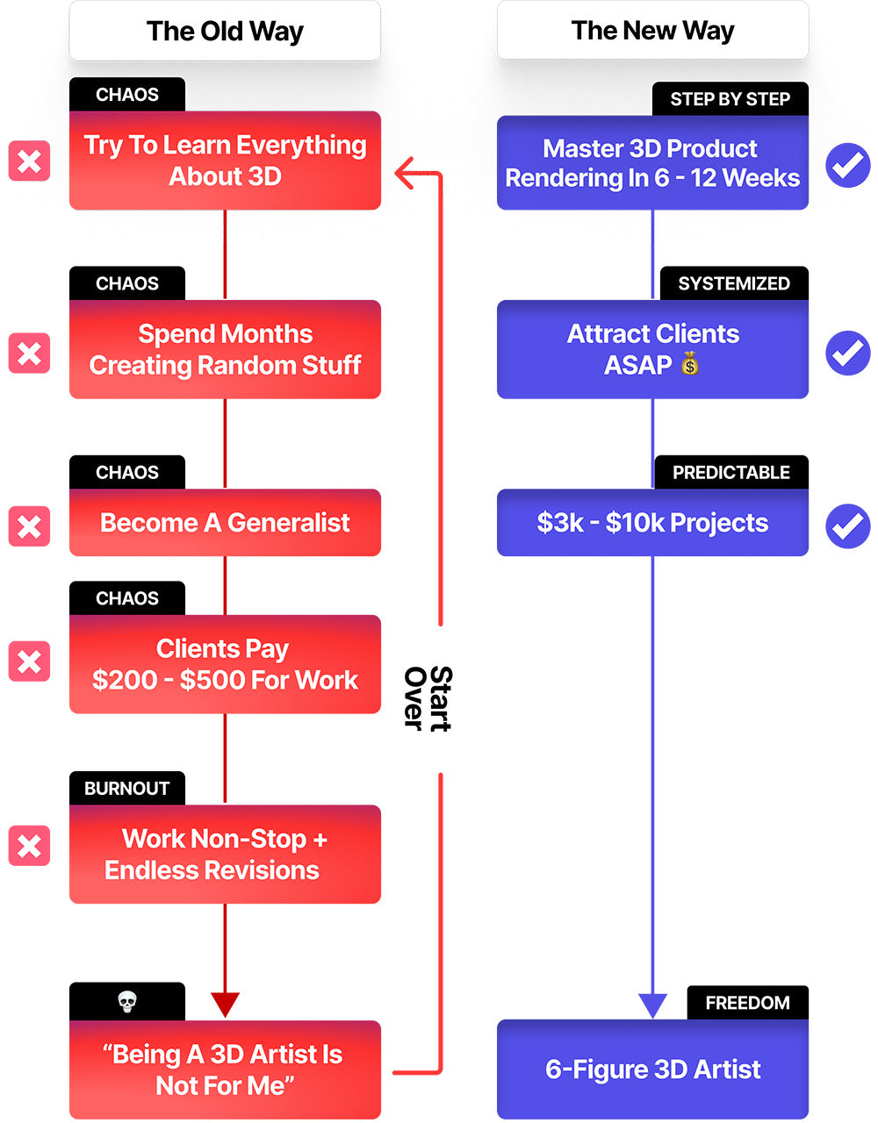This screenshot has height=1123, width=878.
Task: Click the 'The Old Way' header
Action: (x=225, y=31)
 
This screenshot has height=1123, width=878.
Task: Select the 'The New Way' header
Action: (x=652, y=30)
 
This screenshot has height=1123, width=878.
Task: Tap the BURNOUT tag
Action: (x=127, y=788)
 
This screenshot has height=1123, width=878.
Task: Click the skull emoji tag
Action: (x=127, y=1002)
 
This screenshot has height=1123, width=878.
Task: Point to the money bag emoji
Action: (x=689, y=363)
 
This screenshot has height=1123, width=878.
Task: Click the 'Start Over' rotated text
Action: (x=428, y=698)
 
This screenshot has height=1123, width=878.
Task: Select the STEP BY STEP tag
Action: (x=730, y=99)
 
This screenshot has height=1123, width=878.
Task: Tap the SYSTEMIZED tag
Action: (x=734, y=283)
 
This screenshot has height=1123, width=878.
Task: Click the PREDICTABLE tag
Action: (x=731, y=472)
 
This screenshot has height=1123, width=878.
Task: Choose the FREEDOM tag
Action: (x=748, y=1003)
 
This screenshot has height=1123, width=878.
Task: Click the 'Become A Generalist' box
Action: (x=225, y=523)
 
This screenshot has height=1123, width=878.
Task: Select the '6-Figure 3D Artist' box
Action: (x=652, y=1069)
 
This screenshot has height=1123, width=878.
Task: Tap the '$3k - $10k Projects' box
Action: (x=652, y=523)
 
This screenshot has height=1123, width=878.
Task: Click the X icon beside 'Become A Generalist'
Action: (x=30, y=526)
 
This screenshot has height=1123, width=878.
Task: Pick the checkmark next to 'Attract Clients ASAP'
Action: (x=848, y=353)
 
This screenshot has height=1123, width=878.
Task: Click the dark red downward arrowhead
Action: (x=225, y=1005)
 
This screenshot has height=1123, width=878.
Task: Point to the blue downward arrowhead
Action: (x=652, y=1005)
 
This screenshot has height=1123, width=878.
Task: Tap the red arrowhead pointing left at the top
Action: (x=403, y=173)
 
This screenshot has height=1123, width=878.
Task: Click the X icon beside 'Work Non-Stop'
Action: (x=30, y=846)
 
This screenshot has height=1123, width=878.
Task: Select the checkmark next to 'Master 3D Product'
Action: (x=848, y=165)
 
